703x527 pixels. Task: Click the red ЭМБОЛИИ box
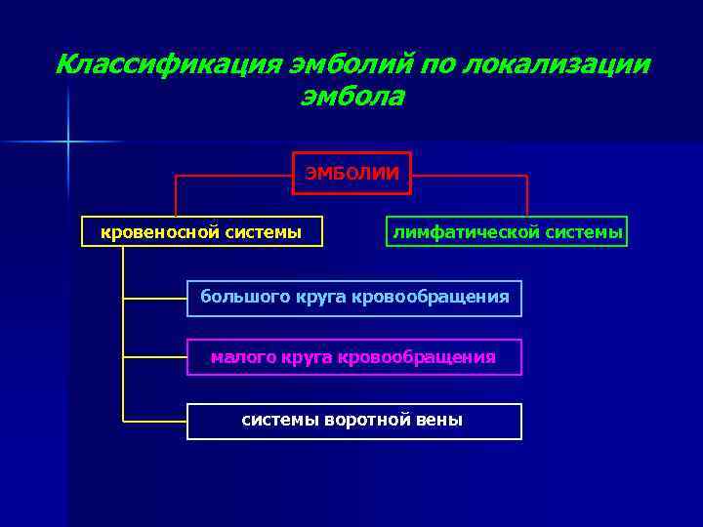click(352, 174)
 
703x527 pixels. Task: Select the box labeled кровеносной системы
click(202, 231)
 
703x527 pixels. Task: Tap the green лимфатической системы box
click(507, 231)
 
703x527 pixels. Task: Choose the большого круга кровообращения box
click(354, 298)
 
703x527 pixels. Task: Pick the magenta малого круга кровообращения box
click(354, 357)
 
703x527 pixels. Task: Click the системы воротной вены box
click(354, 421)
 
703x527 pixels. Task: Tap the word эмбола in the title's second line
click(352, 98)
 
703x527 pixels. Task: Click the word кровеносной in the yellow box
click(161, 231)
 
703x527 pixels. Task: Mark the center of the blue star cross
click(68, 142)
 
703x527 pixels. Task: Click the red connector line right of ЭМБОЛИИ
click(469, 176)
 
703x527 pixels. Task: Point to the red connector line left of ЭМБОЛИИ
click(234, 176)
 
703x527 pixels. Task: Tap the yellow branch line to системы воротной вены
click(154, 421)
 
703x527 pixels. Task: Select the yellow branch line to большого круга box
click(154, 298)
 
